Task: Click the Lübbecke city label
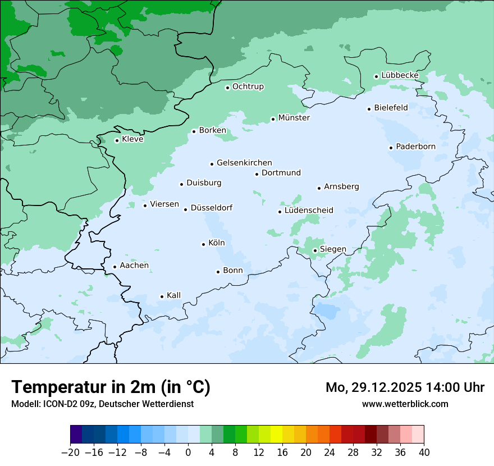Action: pyautogui.click(x=400, y=75)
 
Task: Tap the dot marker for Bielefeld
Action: pyautogui.click(x=369, y=109)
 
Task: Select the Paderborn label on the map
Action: pyautogui.click(x=415, y=147)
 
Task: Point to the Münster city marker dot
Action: pyautogui.click(x=273, y=119)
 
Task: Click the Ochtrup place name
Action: pyautogui.click(x=248, y=86)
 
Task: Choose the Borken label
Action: pyautogui.click(x=212, y=130)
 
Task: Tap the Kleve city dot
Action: pyautogui.click(x=117, y=140)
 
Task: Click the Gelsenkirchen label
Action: pyautogui.click(x=244, y=163)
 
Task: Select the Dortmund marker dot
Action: pyautogui.click(x=257, y=174)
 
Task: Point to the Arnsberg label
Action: pyautogui.click(x=341, y=186)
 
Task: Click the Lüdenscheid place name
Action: pyautogui.click(x=309, y=211)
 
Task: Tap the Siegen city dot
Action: pyautogui.click(x=315, y=250)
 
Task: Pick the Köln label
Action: pyautogui.click(x=216, y=243)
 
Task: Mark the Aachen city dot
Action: pyautogui.click(x=115, y=267)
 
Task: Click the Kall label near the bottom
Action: pyautogui.click(x=173, y=295)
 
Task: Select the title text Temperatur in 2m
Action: pyautogui.click(x=111, y=387)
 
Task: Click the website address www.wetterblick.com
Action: pyautogui.click(x=405, y=404)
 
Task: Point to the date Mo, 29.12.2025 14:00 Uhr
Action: pyautogui.click(x=405, y=387)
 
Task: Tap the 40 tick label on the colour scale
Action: pyautogui.click(x=423, y=453)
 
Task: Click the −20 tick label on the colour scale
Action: pyautogui.click(x=70, y=453)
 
